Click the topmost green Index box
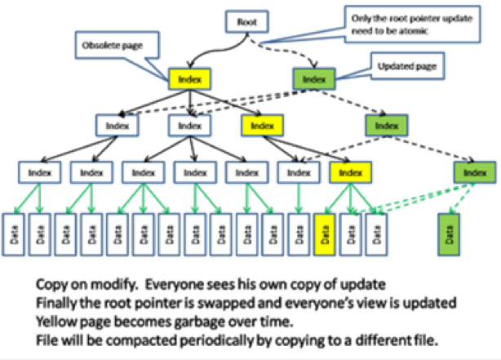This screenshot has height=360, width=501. [x=312, y=80]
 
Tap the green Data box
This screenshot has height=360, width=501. [x=446, y=237]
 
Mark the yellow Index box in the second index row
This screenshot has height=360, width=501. [x=261, y=126]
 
